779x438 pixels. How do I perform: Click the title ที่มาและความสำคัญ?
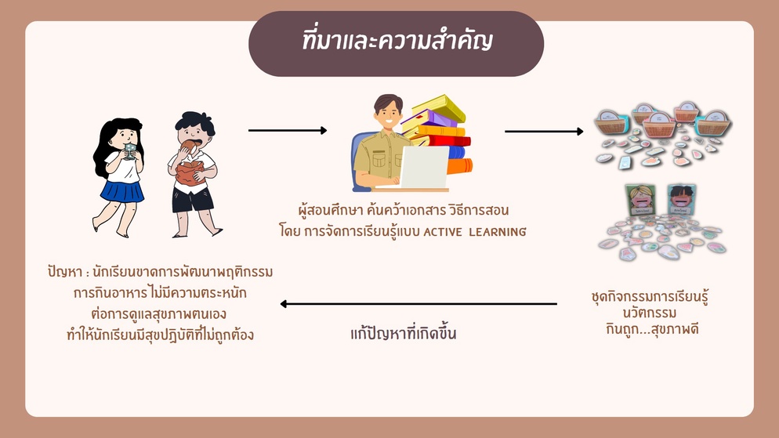[397, 41]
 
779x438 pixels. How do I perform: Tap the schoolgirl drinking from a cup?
[119, 177]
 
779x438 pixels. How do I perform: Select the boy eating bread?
[194, 174]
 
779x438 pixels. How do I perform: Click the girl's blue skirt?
[121, 190]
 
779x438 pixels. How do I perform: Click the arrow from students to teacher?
[288, 131]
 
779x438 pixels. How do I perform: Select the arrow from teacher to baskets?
[544, 132]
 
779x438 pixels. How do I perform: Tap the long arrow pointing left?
[418, 304]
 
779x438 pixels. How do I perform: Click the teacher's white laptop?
[424, 167]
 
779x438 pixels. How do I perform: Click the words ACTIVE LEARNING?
[474, 232]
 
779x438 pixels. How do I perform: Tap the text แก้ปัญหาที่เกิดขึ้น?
[403, 333]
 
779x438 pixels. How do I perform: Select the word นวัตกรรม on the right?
[650, 313]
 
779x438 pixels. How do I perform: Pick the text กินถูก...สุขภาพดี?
[652, 329]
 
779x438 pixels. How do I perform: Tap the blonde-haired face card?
[640, 200]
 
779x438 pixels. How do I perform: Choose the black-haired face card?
[681, 200]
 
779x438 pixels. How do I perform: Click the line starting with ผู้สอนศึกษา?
[404, 211]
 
